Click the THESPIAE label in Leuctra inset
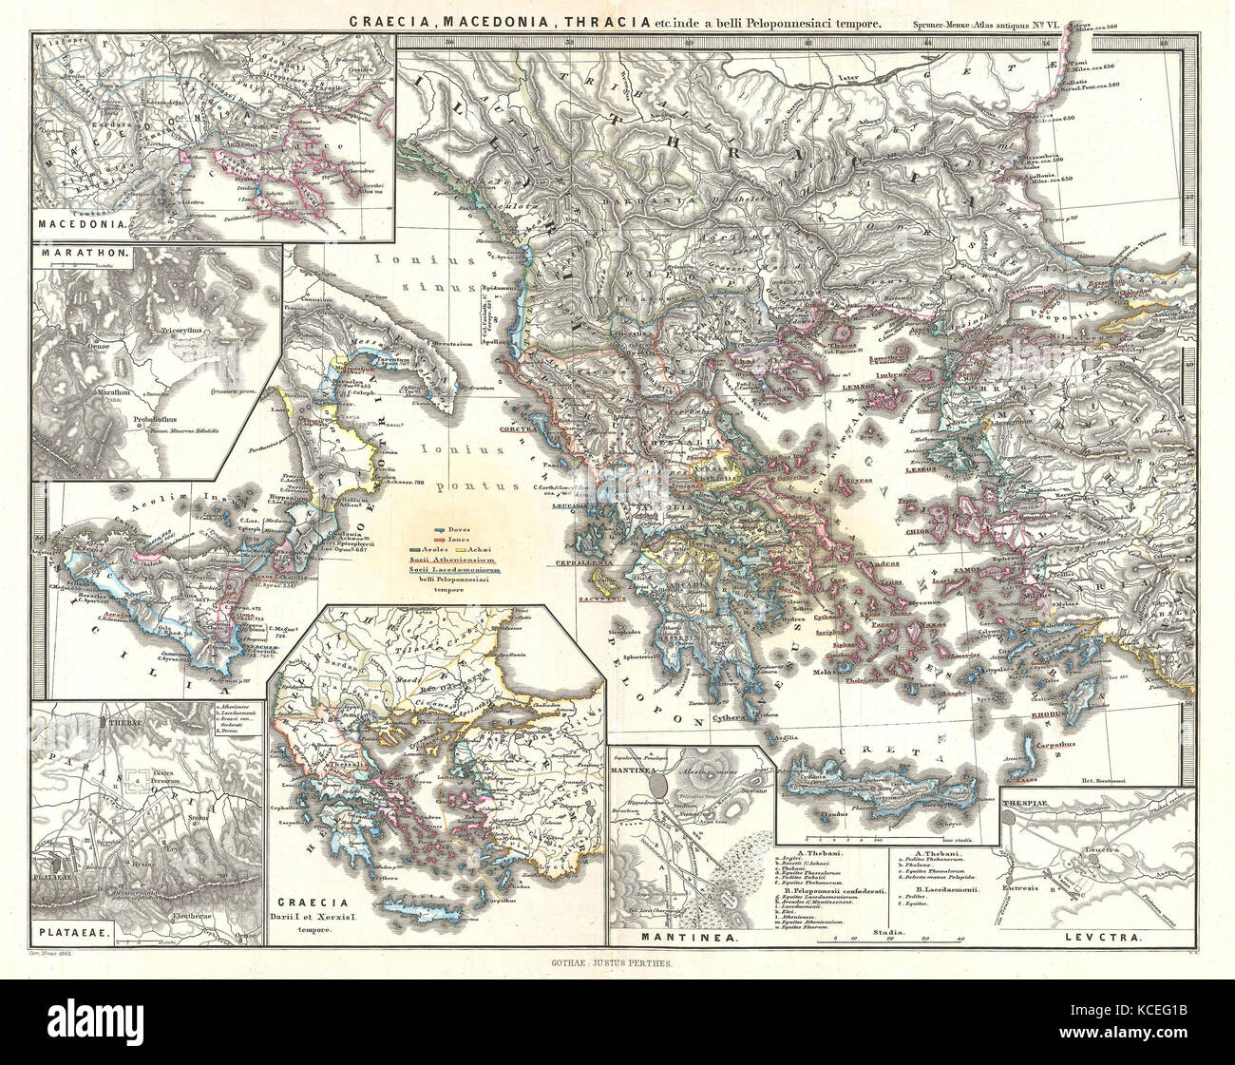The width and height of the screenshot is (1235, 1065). tap(1025, 802)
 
